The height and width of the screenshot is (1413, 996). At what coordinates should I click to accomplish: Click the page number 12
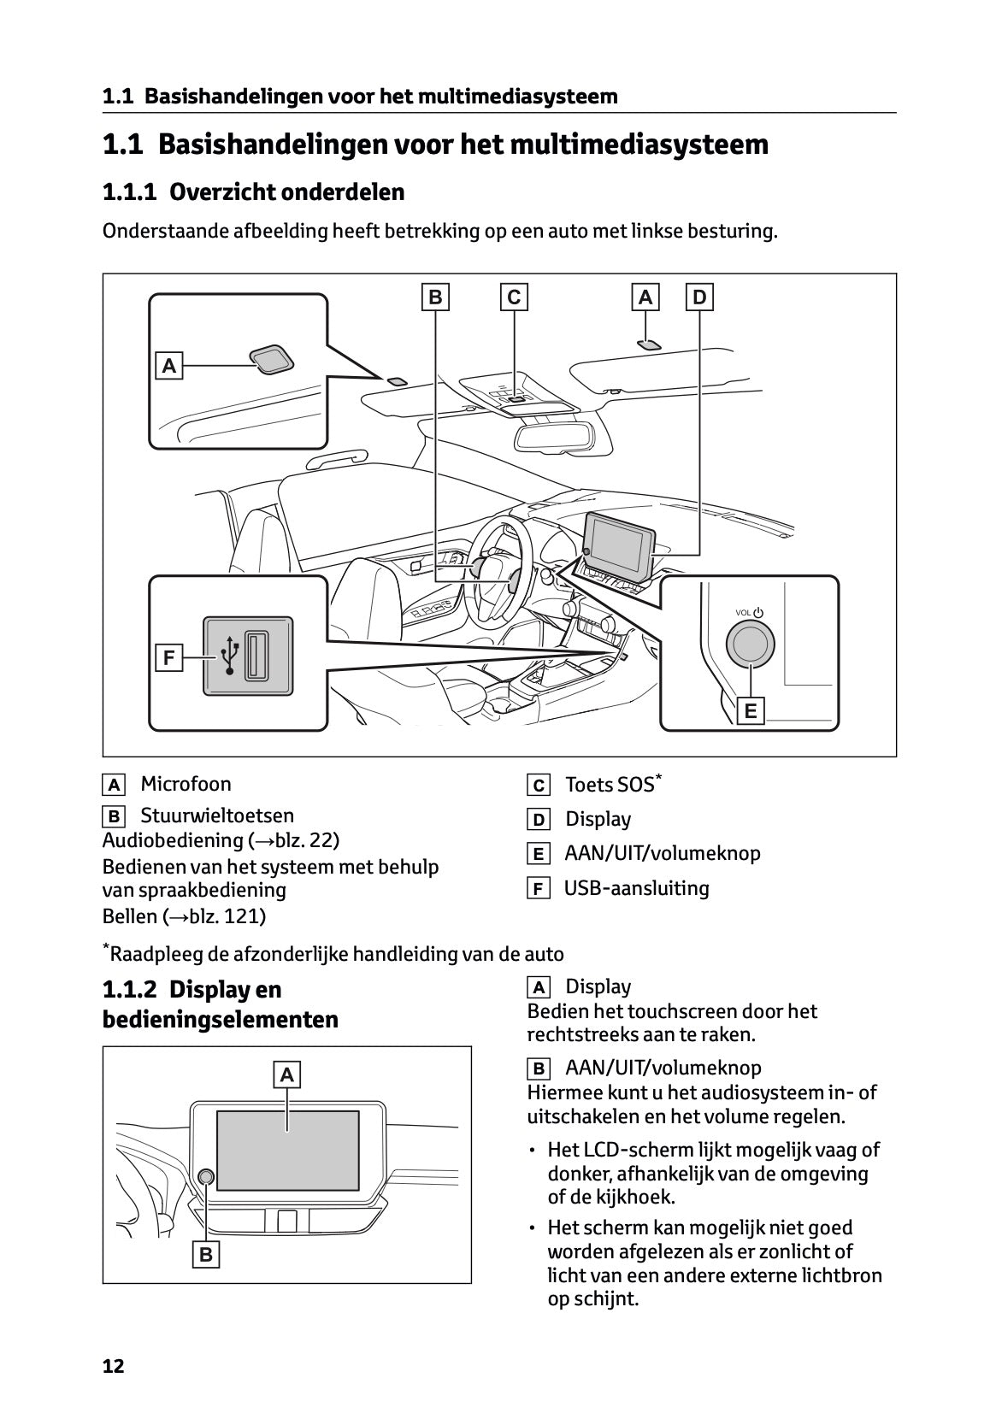pyautogui.click(x=113, y=1366)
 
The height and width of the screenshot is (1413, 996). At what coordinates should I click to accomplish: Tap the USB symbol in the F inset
pyautogui.click(x=229, y=655)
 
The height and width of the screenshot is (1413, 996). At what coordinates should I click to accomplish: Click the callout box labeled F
pyautogui.click(x=169, y=658)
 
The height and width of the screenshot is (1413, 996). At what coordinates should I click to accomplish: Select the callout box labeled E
pyautogui.click(x=751, y=710)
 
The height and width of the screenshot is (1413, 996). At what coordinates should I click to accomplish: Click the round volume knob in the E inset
pyautogui.click(x=750, y=644)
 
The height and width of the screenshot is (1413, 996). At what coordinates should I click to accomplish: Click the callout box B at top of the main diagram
pyautogui.click(x=435, y=297)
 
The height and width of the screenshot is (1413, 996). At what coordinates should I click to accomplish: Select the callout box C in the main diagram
pyautogui.click(x=513, y=297)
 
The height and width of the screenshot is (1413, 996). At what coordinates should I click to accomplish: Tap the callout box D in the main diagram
pyautogui.click(x=699, y=297)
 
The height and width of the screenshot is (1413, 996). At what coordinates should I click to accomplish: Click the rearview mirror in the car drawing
pyautogui.click(x=552, y=435)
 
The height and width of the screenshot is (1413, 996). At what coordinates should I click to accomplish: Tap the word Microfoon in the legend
pyautogui.click(x=186, y=784)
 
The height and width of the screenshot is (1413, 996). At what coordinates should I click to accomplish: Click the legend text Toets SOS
pyautogui.click(x=609, y=784)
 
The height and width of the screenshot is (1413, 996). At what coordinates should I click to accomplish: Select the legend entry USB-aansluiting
pyautogui.click(x=636, y=888)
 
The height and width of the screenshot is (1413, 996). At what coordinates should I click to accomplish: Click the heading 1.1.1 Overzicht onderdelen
pyautogui.click(x=253, y=191)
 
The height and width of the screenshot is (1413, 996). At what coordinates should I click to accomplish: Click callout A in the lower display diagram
pyautogui.click(x=286, y=1074)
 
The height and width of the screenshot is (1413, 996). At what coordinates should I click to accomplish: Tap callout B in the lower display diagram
pyautogui.click(x=206, y=1254)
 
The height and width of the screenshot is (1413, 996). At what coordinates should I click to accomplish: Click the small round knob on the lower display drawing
pyautogui.click(x=206, y=1177)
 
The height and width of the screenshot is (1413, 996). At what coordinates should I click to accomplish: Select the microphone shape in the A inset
pyautogui.click(x=271, y=359)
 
